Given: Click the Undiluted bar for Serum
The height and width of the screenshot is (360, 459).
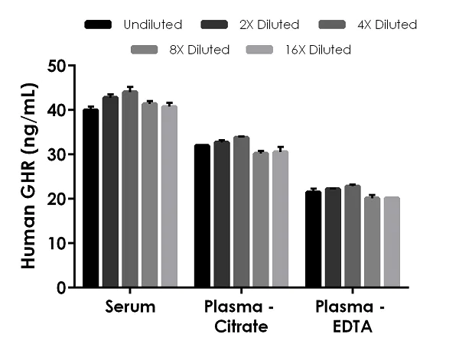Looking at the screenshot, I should [x=90, y=199].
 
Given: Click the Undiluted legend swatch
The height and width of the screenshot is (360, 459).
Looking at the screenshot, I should [x=99, y=24].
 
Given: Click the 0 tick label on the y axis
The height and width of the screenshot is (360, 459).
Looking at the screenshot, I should [x=60, y=288].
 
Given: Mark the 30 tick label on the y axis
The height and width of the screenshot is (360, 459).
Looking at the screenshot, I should [x=56, y=154].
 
